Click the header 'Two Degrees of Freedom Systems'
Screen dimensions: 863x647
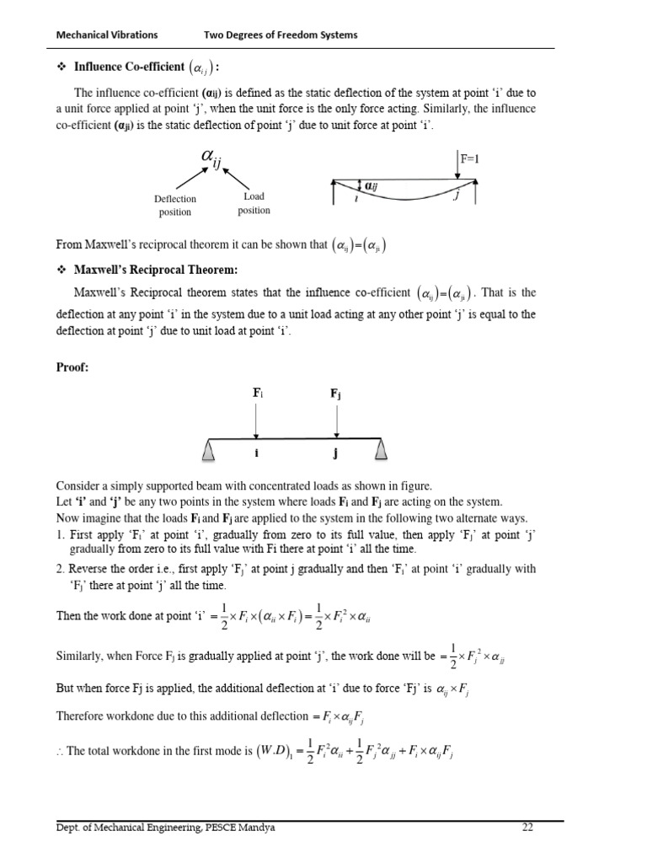[281, 35]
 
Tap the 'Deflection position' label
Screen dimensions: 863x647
[175, 205]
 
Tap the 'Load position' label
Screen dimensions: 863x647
[254, 203]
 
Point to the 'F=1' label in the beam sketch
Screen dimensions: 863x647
[469, 158]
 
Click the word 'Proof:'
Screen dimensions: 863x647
[73, 368]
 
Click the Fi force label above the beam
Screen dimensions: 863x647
[258, 394]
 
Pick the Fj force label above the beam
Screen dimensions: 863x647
[335, 394]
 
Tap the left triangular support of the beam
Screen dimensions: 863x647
[210, 452]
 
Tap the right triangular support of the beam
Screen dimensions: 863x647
[382, 452]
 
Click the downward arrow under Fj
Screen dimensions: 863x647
[335, 420]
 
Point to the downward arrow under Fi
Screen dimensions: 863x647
[255, 420]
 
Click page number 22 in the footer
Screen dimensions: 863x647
[528, 828]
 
